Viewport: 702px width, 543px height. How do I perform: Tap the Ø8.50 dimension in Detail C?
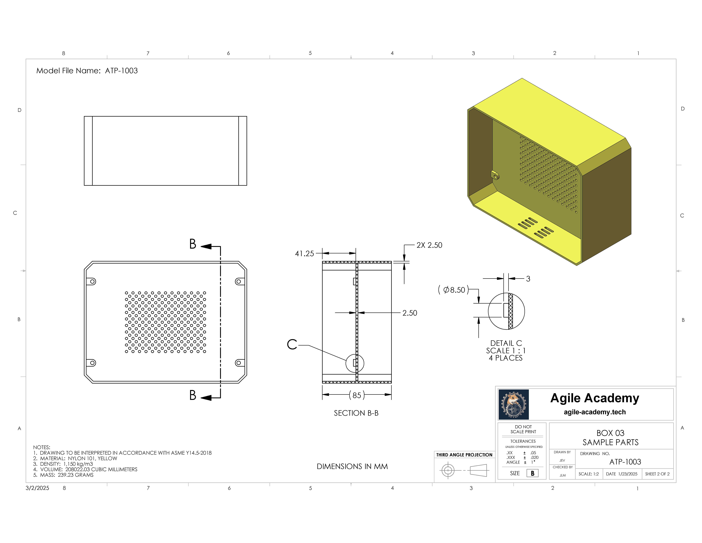click(453, 290)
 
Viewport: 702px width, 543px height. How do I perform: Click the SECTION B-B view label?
click(356, 413)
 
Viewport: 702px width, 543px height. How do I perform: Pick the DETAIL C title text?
click(506, 343)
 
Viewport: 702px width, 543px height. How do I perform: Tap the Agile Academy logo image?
click(514, 404)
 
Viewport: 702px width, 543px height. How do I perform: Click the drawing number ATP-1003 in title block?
click(625, 462)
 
